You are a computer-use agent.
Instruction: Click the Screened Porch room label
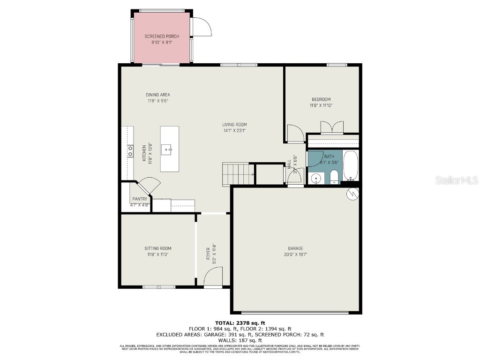click(162, 36)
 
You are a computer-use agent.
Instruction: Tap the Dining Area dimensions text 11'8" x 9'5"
click(158, 101)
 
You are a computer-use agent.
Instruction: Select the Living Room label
click(234, 124)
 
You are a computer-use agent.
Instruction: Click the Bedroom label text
click(321, 99)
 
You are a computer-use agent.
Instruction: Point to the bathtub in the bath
click(350, 165)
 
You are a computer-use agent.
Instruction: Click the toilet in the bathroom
click(334, 177)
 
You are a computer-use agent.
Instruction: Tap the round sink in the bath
click(315, 178)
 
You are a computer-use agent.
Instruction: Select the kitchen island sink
click(166, 150)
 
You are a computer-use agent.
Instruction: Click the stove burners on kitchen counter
click(130, 150)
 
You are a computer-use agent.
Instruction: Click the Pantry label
click(140, 199)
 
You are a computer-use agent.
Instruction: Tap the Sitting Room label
click(158, 248)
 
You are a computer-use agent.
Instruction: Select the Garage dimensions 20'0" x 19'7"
click(295, 255)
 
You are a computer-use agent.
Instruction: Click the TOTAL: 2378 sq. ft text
click(240, 323)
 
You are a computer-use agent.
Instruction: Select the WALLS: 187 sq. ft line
click(240, 340)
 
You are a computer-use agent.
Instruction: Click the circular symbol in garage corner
click(352, 193)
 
